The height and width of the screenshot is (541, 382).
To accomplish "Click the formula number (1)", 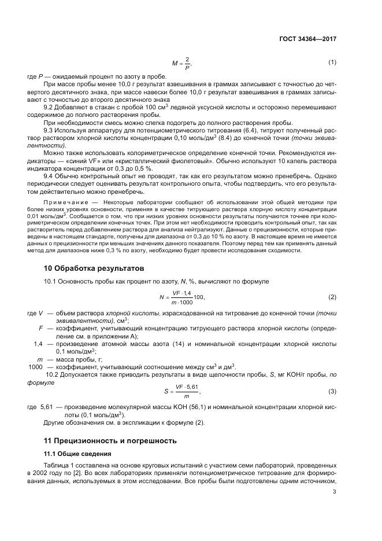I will pyautogui.click(x=332, y=62).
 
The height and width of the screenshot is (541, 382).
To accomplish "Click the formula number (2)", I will pyautogui.click(x=332, y=297).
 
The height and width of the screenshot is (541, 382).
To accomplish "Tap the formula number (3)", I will pyautogui.click(x=332, y=391).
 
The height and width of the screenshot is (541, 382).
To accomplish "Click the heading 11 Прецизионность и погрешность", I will pyautogui.click(x=110, y=440).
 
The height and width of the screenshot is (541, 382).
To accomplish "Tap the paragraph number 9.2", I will pyautogui.click(x=50, y=107).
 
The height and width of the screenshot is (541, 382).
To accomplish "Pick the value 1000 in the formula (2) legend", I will pyautogui.click(x=36, y=367).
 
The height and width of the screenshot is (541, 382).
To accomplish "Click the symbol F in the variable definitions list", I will pyautogui.click(x=40, y=328).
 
